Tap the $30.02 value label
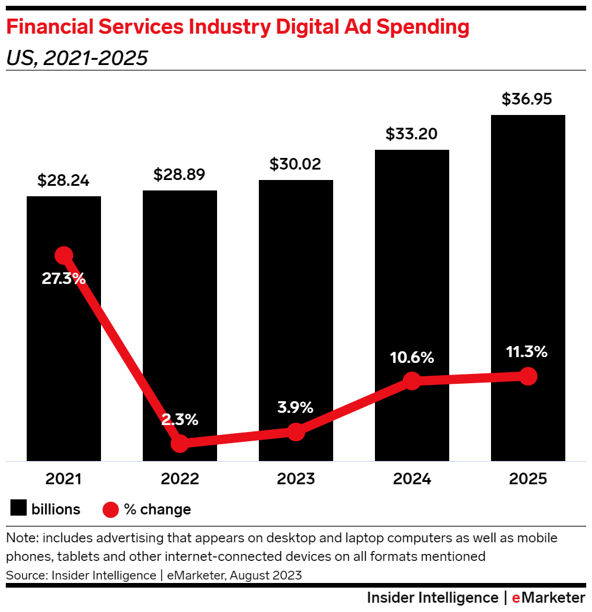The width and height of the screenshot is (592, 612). (x=295, y=164)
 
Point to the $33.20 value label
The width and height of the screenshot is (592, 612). (x=411, y=134)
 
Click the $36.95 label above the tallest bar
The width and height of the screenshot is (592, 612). (x=527, y=99)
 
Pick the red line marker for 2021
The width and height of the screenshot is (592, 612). (x=63, y=255)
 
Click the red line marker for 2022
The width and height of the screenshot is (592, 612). (x=180, y=444)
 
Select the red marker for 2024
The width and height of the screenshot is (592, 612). (x=411, y=381)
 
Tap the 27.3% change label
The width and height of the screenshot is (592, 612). (x=63, y=278)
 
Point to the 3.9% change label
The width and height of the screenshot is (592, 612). (x=295, y=406)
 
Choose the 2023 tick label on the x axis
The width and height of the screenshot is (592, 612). (x=295, y=479)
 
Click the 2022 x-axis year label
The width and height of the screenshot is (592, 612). (x=180, y=479)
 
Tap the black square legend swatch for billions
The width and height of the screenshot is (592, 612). (x=19, y=509)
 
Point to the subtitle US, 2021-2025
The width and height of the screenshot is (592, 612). (x=77, y=58)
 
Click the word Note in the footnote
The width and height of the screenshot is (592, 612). (x=20, y=538)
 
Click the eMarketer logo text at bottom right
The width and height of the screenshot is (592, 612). (x=548, y=598)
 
